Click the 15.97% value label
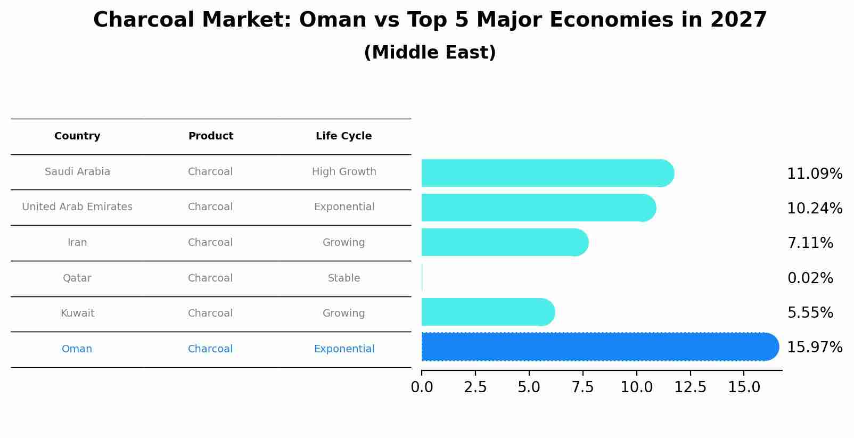click(x=814, y=348)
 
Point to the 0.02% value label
click(x=810, y=278)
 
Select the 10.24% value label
click(x=814, y=209)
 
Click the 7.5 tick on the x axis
click(x=582, y=387)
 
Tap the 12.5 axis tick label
click(x=690, y=387)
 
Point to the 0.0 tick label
click(x=422, y=387)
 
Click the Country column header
click(x=77, y=136)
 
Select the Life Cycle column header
click(x=343, y=136)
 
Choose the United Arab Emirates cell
click(x=77, y=207)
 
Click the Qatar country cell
click(x=77, y=278)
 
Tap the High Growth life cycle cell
click(x=343, y=172)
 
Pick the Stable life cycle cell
click(x=343, y=278)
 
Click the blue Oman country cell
click(x=77, y=349)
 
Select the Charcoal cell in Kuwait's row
click(x=210, y=313)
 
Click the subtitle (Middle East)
click(x=430, y=53)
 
